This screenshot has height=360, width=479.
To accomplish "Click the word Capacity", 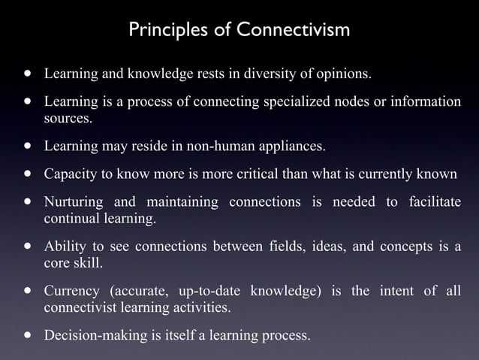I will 68,174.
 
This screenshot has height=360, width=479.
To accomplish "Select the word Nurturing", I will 72,202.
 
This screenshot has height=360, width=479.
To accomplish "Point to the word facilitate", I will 435,202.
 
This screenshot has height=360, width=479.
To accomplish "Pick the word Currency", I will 71,291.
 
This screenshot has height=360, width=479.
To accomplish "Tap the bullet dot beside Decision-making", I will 29,334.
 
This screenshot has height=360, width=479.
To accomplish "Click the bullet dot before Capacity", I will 29,174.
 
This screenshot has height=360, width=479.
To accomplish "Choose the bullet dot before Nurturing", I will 29,201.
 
